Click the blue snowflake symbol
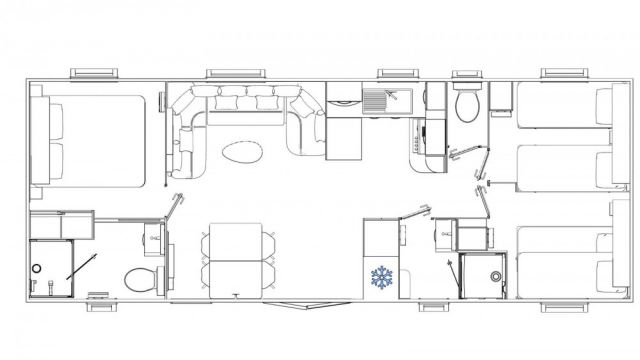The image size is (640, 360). click(381, 276)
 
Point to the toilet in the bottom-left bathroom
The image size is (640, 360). click(140, 278)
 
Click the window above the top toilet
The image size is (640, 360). click(467, 74)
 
